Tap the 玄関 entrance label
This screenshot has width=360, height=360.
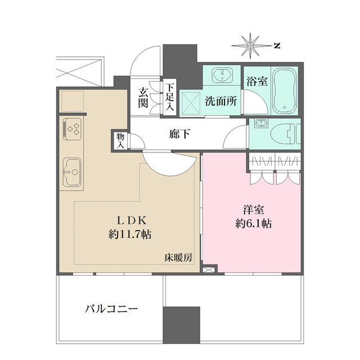(143, 99)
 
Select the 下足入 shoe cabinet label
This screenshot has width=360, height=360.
(169, 99)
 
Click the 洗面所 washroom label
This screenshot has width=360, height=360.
(220, 103)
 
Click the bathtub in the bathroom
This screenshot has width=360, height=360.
(286, 90)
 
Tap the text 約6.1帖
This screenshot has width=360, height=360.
(254, 223)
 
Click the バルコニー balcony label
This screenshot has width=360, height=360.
(111, 309)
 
